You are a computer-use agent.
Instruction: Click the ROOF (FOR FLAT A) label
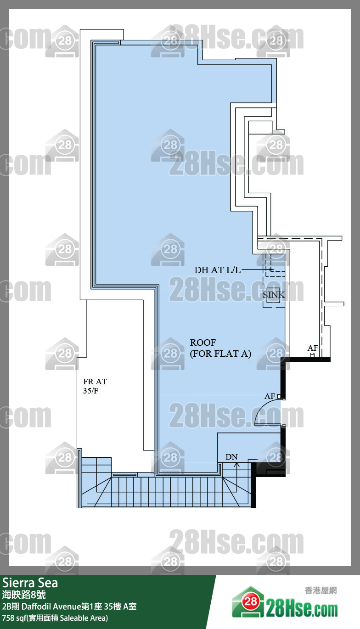[220, 348]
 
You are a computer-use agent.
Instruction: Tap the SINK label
[274, 295]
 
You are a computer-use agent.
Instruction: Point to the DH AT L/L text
[218, 270]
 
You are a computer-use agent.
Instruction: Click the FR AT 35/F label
[95, 386]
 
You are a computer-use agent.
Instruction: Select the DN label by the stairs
[231, 457]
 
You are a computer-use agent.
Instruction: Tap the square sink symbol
[273, 295]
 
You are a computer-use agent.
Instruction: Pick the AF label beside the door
[270, 396]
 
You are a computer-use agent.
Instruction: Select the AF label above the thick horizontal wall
[313, 348]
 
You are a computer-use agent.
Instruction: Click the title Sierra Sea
[30, 583]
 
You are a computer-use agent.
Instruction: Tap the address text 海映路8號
[24, 595]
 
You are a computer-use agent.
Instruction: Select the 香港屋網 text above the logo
[321, 590]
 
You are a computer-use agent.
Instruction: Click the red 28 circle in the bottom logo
[251, 601]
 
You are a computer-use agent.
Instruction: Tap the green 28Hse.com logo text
[302, 609]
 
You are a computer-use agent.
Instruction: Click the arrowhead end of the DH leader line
[271, 270]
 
